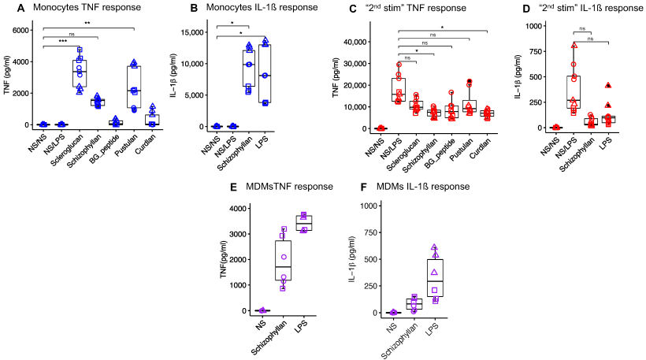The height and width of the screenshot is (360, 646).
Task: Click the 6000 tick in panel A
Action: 24,31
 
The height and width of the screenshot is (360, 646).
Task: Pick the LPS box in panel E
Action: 303,223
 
